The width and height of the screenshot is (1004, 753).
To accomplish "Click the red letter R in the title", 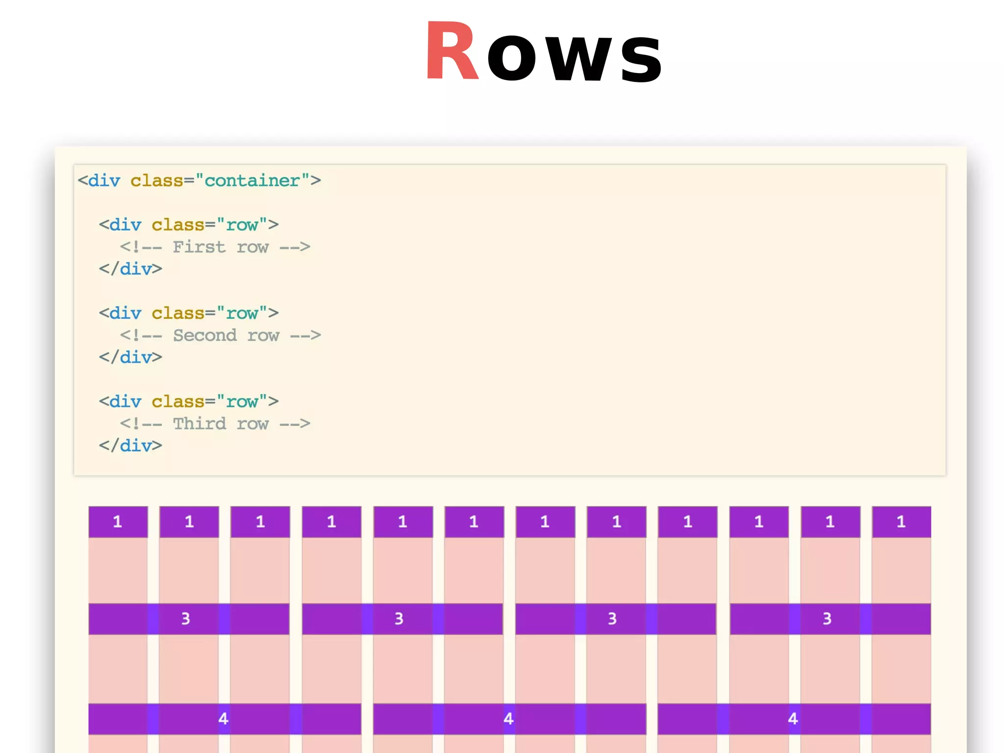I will pyautogui.click(x=452, y=51).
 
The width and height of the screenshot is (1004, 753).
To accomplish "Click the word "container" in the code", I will pyautogui.click(x=252, y=181).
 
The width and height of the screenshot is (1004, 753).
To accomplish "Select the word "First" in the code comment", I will pyautogui.click(x=199, y=247).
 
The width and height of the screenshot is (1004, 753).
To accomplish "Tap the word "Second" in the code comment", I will pyautogui.click(x=205, y=335).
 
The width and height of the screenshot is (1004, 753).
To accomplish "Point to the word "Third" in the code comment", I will pyautogui.click(x=200, y=424).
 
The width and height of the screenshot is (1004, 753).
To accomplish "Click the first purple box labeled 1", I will pyautogui.click(x=118, y=522).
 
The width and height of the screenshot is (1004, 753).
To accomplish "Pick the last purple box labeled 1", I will pyautogui.click(x=901, y=522).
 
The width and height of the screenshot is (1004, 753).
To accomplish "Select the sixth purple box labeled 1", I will pyautogui.click(x=474, y=522).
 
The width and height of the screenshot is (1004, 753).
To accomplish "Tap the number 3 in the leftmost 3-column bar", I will pyautogui.click(x=185, y=619).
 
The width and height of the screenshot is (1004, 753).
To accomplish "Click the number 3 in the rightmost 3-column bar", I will pyautogui.click(x=827, y=619).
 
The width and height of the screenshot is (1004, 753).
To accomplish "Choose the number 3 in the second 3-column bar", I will pyautogui.click(x=399, y=619).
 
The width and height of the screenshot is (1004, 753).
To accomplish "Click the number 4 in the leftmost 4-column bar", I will pyautogui.click(x=224, y=719).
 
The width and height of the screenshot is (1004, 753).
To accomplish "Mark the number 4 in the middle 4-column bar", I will pyautogui.click(x=508, y=719).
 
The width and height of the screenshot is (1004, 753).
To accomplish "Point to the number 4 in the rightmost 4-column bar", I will pyautogui.click(x=793, y=719).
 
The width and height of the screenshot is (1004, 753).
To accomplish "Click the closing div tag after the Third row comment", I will pyautogui.click(x=130, y=446).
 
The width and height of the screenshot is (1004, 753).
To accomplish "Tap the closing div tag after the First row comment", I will pyautogui.click(x=130, y=269).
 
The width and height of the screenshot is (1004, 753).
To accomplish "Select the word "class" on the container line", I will pyautogui.click(x=156, y=181).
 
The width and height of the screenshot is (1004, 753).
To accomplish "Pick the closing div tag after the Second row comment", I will pyautogui.click(x=130, y=357).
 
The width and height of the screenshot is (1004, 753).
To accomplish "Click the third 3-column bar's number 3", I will pyautogui.click(x=612, y=619).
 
